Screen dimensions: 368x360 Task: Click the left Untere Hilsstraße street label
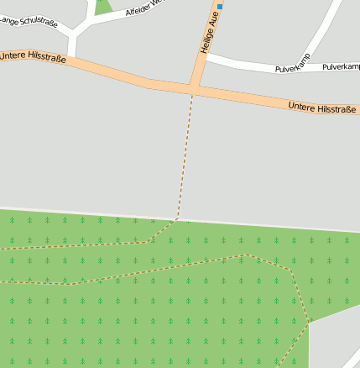click(34, 57)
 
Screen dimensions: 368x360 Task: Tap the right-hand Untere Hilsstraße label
click(321, 108)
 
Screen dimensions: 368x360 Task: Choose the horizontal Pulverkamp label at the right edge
click(341, 66)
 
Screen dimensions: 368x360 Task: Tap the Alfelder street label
click(148, 8)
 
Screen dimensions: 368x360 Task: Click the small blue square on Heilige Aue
click(220, 7)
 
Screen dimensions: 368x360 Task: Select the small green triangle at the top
click(103, 7)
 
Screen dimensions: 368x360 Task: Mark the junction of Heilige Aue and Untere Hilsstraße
click(194, 87)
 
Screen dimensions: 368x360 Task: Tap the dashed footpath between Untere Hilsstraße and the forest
click(185, 151)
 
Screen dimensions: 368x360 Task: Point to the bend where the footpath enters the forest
click(177, 218)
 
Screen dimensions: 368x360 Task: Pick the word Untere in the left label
click(14, 55)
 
